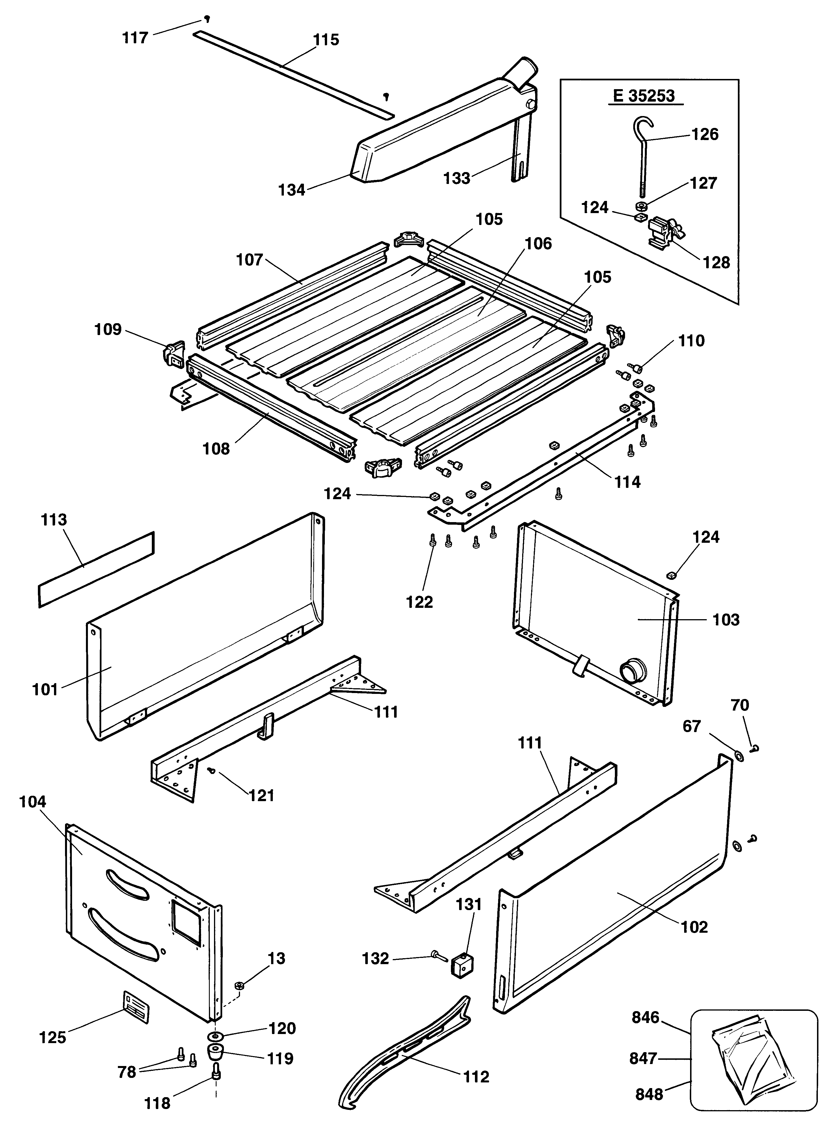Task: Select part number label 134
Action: pyautogui.click(x=292, y=190)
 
